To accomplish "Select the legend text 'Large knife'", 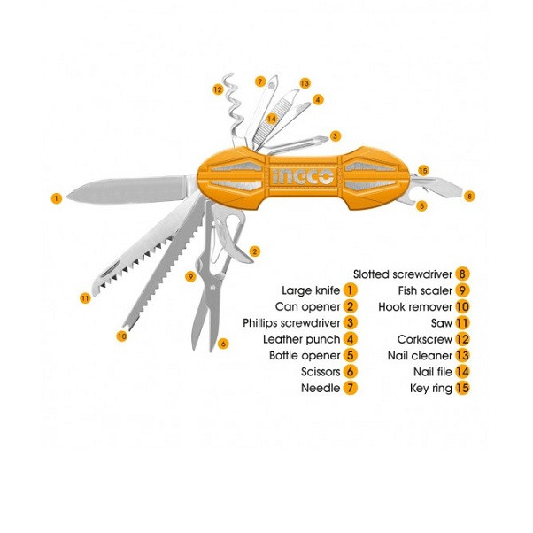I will point(311,290).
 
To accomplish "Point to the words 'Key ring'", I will point(430,388).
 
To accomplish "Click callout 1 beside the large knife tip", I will point(57,198).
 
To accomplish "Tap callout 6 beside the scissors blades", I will point(223,344).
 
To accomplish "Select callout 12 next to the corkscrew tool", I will point(217,89).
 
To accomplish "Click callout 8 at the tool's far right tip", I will point(469,196).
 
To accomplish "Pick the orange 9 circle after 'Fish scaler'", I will point(462,290).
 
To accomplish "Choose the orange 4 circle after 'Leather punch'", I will point(351,339).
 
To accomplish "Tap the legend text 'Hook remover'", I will point(415,306).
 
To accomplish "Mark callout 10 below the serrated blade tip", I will point(121,335).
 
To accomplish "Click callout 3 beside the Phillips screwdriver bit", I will point(335,136).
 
